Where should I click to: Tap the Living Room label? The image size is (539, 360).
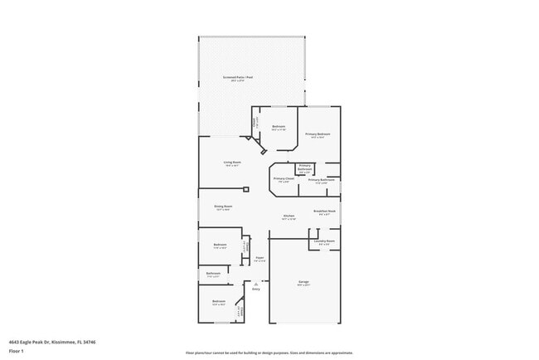(231, 162)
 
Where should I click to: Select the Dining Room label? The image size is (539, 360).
(223, 207)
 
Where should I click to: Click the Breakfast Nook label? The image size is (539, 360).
(324, 211)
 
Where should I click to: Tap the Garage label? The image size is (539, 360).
(303, 282)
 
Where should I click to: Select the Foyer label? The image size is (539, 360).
(260, 258)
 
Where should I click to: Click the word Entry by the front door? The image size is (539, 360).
(256, 289)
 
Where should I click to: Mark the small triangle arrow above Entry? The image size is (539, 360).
(256, 282)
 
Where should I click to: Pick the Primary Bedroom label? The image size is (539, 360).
(318, 134)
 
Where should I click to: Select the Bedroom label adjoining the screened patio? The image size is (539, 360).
(279, 127)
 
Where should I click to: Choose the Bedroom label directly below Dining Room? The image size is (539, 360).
(220, 245)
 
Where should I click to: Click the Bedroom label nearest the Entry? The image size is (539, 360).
(218, 301)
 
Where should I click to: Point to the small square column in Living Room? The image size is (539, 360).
(245, 189)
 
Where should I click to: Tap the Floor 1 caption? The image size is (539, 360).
(16, 351)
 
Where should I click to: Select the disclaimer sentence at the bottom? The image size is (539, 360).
(269, 353)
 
